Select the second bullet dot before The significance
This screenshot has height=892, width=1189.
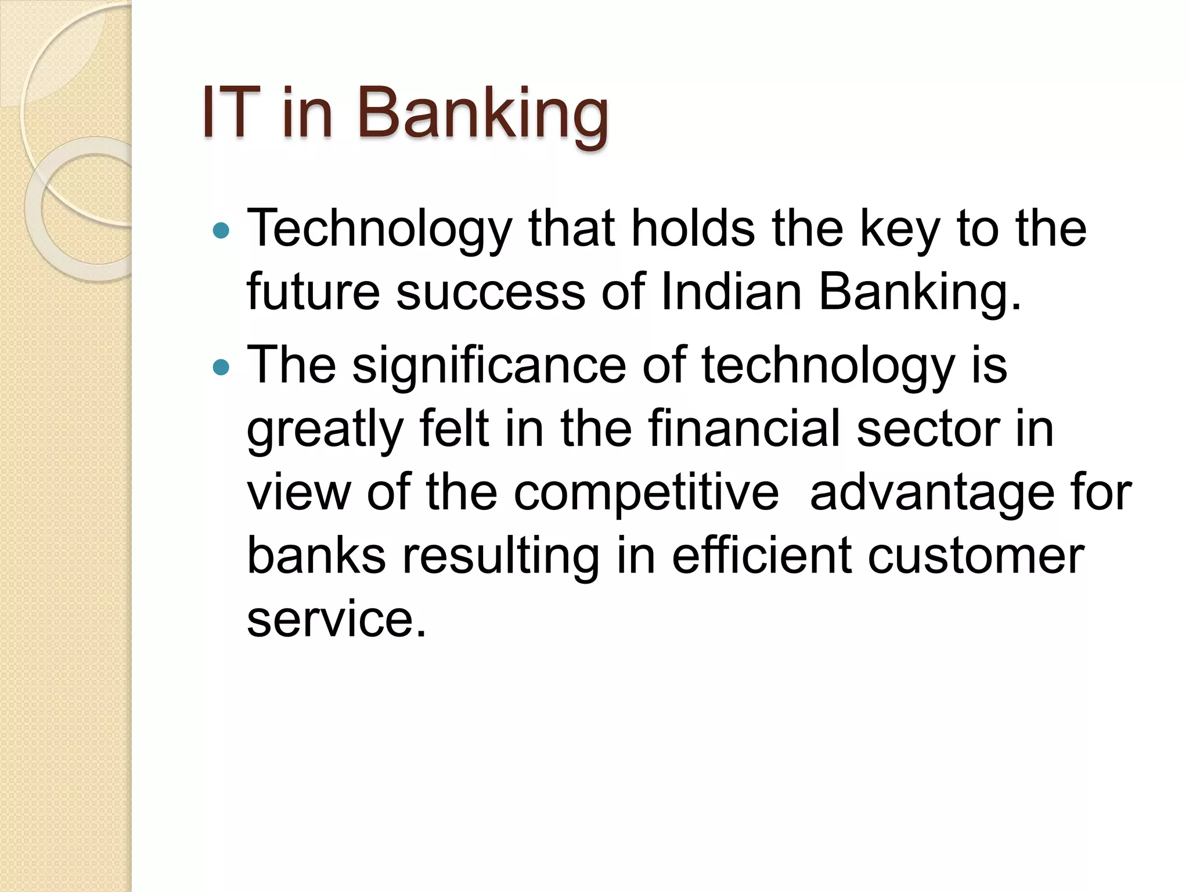(221, 368)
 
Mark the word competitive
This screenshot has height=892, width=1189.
(646, 494)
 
